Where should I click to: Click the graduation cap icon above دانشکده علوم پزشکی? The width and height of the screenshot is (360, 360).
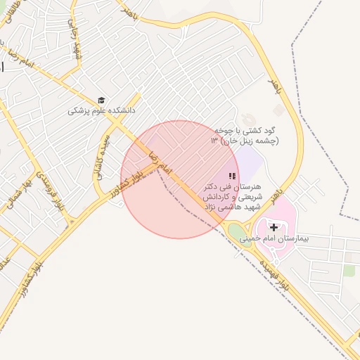[x=102, y=101]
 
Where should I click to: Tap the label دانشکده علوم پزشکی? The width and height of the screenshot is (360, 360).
[x=101, y=111]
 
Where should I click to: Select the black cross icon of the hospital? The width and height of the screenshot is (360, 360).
[x=274, y=227]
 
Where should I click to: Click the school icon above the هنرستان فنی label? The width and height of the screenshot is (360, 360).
[x=232, y=176]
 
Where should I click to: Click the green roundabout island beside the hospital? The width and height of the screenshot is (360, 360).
[x=238, y=231]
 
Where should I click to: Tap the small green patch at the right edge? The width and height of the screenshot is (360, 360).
[x=350, y=270]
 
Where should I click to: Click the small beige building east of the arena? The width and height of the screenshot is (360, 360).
[x=279, y=110]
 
